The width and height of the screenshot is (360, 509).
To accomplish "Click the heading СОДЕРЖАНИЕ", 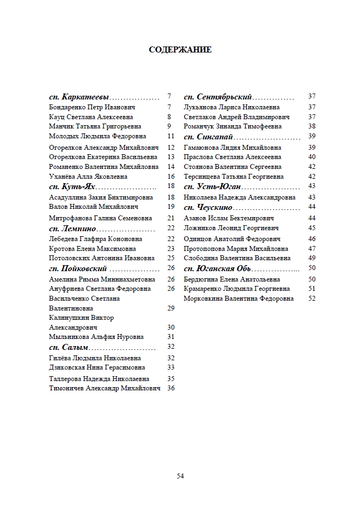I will [x=180, y=50].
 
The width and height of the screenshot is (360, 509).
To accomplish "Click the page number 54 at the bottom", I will [x=180, y=476].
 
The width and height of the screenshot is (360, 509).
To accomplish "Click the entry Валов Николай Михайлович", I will [x=86, y=207].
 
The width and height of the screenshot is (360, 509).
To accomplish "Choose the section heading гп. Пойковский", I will [x=78, y=268].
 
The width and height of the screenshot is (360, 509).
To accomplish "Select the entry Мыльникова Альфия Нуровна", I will [x=96, y=337].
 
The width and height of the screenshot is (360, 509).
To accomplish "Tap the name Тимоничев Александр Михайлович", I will [x=104, y=388].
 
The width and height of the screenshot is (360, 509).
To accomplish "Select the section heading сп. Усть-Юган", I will [x=212, y=186].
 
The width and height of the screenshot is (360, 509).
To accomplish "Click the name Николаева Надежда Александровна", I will [x=240, y=197].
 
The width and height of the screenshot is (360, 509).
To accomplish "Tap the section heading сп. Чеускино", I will [x=208, y=207].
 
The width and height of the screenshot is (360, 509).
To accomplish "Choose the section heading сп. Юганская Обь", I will [x=217, y=268].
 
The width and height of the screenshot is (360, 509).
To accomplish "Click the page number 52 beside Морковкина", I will [x=312, y=299].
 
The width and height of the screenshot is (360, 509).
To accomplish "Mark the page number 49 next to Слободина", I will [x=312, y=258].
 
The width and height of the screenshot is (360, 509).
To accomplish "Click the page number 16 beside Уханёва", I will [x=171, y=177].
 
